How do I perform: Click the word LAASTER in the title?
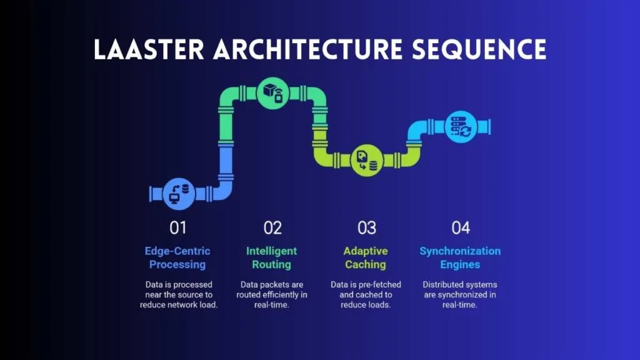click(149, 50)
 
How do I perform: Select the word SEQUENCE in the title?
click(479, 50)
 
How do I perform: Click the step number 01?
click(178, 227)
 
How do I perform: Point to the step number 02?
click(272, 227)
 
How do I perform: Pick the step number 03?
click(366, 227)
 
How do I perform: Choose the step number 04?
click(461, 227)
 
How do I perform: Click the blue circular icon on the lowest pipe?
click(179, 194)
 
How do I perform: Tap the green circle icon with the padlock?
click(273, 93)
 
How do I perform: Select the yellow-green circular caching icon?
click(367, 160)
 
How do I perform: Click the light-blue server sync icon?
click(461, 127)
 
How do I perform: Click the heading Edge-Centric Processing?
click(177, 257)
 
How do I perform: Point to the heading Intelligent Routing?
click(271, 257)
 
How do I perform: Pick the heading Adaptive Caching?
click(365, 257)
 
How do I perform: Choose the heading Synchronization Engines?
click(460, 257)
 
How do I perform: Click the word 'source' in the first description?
click(191, 295)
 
